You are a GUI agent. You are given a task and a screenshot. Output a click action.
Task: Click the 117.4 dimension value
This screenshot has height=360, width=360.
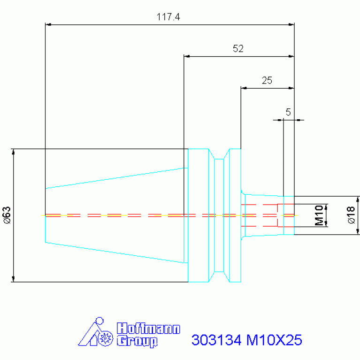[x=169, y=17]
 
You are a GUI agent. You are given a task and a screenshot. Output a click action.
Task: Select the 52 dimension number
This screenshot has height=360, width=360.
[x=238, y=49]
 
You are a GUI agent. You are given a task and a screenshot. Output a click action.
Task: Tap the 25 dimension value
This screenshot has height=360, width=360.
[x=267, y=80]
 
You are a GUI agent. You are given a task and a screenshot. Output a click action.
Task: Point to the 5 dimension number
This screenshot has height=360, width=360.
[x=288, y=112]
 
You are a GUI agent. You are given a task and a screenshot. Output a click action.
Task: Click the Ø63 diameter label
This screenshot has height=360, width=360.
[x=7, y=215]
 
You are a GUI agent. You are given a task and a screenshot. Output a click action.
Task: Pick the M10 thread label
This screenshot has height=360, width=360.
[x=319, y=215]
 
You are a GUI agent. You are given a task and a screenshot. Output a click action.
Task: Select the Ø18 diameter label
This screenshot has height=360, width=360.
[x=351, y=215]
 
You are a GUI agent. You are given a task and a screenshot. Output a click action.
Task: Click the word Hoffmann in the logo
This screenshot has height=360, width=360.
[x=148, y=328]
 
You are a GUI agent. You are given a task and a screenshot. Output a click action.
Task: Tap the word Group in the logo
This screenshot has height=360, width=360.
[x=137, y=341]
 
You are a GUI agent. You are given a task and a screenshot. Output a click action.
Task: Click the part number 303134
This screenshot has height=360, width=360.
[x=216, y=340]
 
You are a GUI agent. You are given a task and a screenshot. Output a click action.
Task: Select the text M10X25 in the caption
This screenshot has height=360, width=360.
[x=274, y=340]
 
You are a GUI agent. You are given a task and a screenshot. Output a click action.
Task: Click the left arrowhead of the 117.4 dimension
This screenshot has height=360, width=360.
[x=48, y=24]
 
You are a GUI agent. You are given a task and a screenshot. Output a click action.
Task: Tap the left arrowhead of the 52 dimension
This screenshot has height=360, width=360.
[x=187, y=56]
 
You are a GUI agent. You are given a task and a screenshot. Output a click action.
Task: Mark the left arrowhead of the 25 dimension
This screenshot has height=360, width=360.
[x=244, y=88]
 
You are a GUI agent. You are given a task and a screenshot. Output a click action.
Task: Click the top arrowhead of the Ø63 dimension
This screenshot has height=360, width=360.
[x=13, y=152]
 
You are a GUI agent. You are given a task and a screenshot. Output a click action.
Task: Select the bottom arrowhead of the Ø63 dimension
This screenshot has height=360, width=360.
[x=13, y=279]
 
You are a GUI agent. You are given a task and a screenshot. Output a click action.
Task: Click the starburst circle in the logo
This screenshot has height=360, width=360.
[x=106, y=338]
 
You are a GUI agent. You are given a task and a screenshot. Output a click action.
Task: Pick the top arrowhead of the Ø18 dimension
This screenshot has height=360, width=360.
[x=358, y=199]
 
